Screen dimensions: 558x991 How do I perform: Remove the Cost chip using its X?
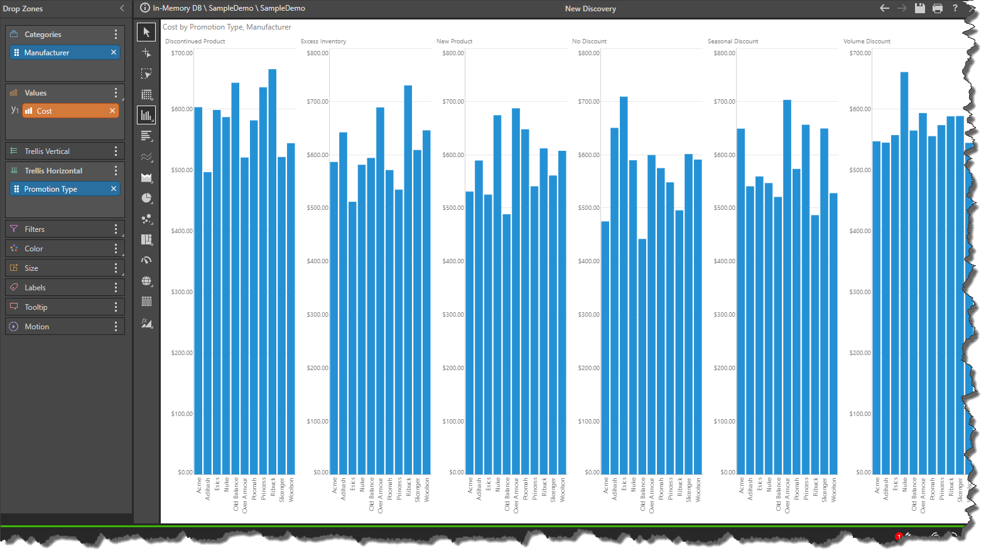point(112,111)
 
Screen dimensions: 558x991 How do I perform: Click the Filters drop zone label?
point(35,229)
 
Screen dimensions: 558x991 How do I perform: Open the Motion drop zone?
point(36,327)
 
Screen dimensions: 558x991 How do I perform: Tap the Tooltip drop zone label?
point(36,307)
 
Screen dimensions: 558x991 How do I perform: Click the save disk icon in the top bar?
point(919,8)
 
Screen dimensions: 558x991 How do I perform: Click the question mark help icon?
point(955,8)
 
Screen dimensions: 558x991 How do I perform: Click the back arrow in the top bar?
point(884,8)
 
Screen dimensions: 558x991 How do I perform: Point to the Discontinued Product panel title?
point(195,41)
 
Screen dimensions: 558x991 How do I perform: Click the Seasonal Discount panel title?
point(733,41)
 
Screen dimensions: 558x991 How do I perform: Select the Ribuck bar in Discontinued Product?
point(273,270)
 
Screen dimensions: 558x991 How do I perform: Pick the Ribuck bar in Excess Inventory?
point(408,280)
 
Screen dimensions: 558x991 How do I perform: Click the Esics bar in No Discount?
point(624,286)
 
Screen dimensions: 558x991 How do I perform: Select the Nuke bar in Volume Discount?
point(904,273)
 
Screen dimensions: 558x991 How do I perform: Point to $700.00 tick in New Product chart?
point(453,102)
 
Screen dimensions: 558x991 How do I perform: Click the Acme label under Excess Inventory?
point(335,486)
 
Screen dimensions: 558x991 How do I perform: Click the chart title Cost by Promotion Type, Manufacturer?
point(227,27)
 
